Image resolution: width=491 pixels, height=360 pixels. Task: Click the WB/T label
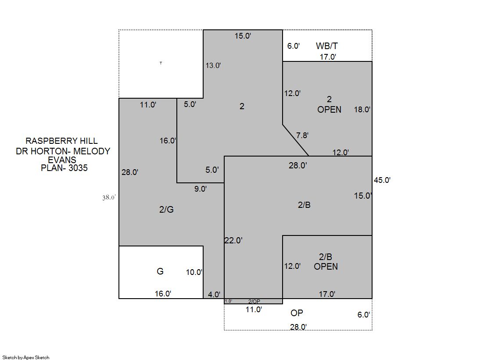click(326, 46)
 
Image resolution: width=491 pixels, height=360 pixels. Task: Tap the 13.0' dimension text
click(213, 65)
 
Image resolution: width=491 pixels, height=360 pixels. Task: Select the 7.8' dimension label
click(302, 135)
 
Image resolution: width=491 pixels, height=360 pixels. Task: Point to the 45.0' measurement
click(382, 180)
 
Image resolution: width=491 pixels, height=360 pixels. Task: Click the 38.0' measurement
click(109, 197)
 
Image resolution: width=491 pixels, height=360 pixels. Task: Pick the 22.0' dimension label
click(233, 240)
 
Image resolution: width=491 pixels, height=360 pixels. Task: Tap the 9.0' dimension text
click(201, 189)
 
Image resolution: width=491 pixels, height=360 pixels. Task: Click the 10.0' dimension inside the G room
click(194, 272)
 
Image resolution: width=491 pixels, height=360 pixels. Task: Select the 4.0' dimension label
click(214, 295)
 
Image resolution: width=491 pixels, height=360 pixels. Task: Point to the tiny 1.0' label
click(228, 301)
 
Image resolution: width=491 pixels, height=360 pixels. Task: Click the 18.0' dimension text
click(362, 110)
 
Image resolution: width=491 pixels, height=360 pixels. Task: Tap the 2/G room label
click(166, 210)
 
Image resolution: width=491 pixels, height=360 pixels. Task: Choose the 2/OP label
click(254, 301)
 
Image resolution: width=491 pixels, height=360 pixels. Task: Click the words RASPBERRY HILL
click(61, 141)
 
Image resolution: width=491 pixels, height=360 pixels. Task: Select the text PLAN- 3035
click(64, 168)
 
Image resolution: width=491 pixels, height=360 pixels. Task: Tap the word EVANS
click(62, 160)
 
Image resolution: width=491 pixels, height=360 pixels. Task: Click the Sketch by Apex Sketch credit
click(26, 357)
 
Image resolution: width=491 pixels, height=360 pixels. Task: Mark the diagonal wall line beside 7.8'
click(296, 140)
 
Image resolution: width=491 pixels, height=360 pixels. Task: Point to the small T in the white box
click(161, 63)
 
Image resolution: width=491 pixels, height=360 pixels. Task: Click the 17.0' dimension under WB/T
click(328, 57)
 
